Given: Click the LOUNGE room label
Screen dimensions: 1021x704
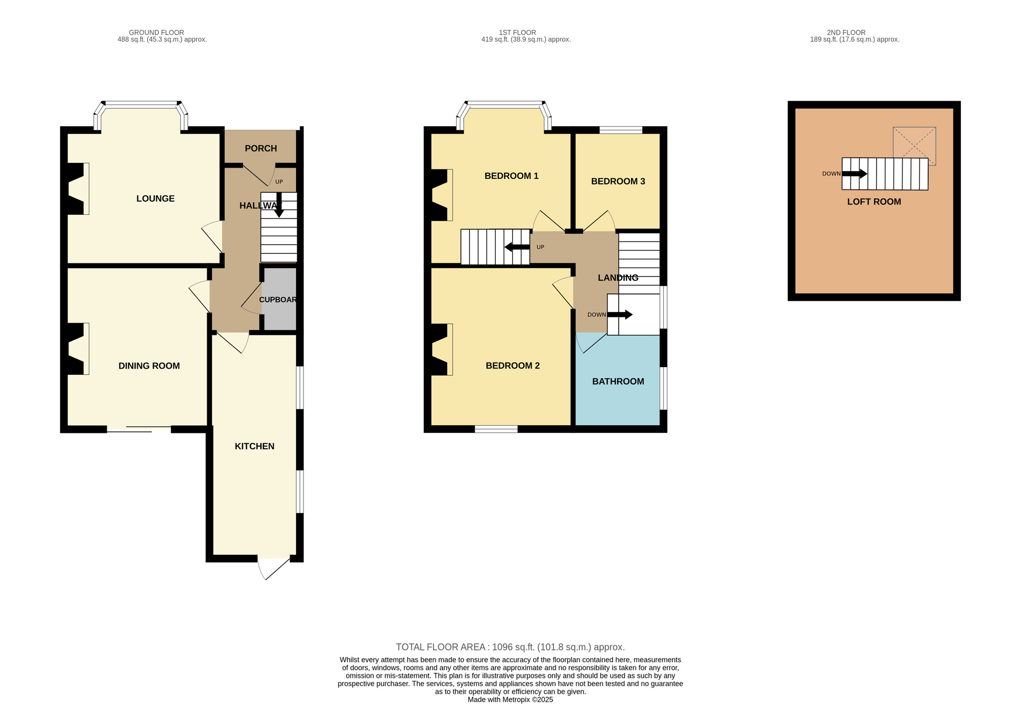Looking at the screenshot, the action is tap(155, 199).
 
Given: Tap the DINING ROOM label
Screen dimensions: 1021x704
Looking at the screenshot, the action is tap(149, 366).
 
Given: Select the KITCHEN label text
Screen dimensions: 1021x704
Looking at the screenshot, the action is tap(254, 446).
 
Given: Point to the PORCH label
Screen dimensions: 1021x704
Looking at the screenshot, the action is tap(261, 149).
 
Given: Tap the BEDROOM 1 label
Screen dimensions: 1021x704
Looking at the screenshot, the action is tap(512, 176).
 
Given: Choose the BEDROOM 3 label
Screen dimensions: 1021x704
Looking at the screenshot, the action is tap(618, 181).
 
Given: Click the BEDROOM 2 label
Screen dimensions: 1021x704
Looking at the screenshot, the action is tap(513, 366).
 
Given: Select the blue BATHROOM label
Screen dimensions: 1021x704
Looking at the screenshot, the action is tap(618, 381).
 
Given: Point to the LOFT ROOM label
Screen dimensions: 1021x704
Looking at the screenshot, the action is tap(874, 202).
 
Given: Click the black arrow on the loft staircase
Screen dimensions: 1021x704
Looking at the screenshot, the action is tap(855, 174).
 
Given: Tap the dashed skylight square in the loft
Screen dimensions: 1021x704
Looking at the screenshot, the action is tap(914, 146).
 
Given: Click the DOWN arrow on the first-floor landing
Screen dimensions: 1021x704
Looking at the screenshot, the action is tap(620, 314).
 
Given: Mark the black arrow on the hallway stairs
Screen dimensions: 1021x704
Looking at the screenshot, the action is tap(279, 205).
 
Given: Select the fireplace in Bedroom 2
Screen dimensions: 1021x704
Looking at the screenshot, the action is tap(442, 350).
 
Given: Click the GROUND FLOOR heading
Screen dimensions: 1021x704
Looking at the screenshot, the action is tap(156, 33).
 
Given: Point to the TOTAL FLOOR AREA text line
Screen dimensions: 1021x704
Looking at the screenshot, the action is tap(510, 647).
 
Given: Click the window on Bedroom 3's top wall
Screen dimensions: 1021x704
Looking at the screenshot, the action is tap(621, 130).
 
